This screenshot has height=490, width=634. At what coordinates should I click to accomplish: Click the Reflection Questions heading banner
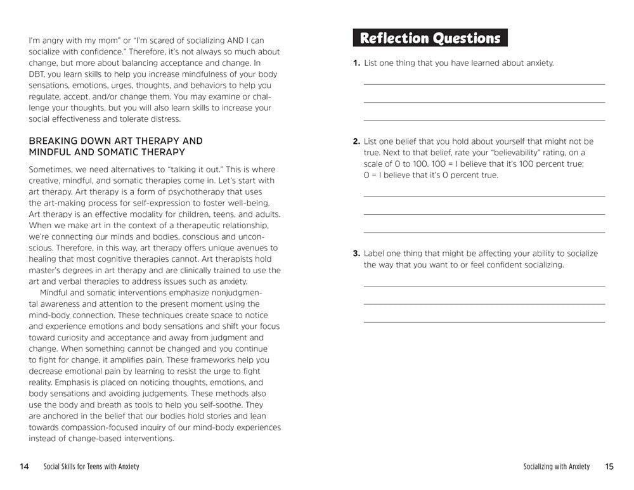tap(430, 38)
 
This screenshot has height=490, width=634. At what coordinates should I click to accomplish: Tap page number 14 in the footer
tap(24, 467)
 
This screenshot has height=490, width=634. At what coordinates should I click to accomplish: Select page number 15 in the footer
tap(609, 467)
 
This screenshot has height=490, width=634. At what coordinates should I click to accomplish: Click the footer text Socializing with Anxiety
tap(557, 467)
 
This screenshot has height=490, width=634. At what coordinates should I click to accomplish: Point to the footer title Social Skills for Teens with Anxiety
tap(91, 467)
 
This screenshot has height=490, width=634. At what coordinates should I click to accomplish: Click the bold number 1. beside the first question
tap(356, 63)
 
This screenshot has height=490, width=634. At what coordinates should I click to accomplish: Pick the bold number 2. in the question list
tap(356, 141)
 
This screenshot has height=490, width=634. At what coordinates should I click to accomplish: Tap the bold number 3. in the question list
tap(356, 254)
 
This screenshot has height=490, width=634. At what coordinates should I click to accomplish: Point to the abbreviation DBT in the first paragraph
tap(37, 74)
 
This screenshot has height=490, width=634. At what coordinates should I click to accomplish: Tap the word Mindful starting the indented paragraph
tap(55, 292)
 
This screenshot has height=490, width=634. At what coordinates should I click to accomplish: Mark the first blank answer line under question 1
tap(484, 84)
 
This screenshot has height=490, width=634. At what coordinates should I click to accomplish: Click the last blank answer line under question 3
tap(484, 322)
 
